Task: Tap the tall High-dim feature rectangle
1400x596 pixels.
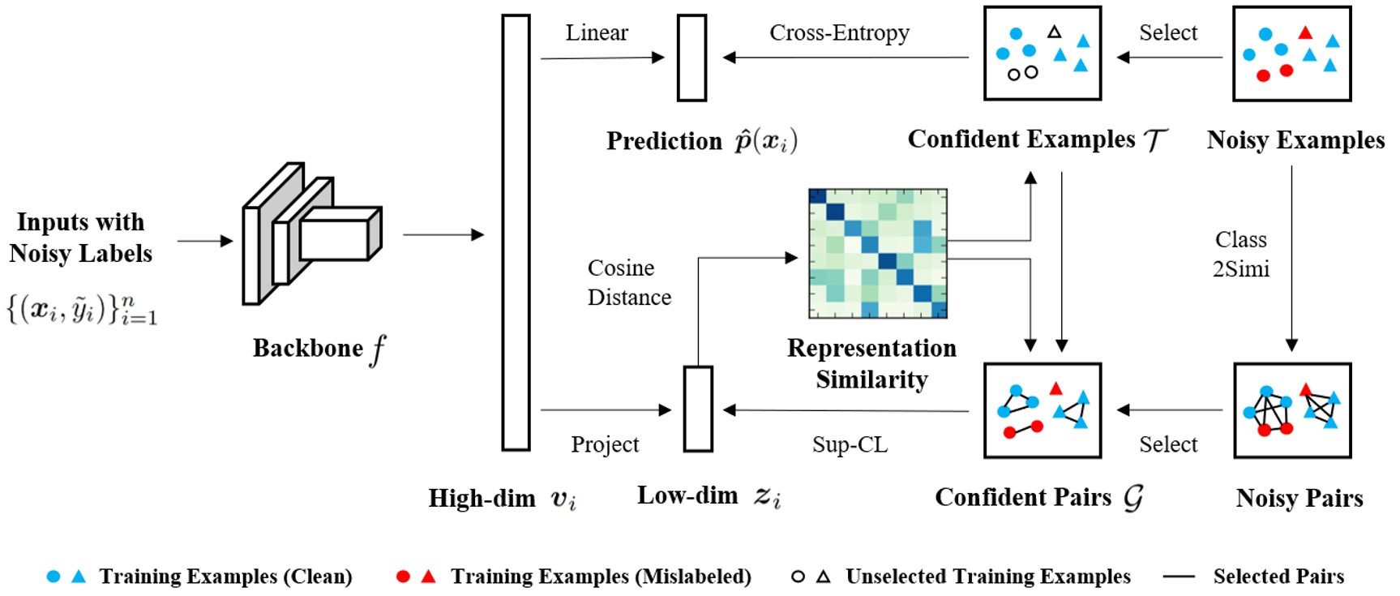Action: (x=516, y=232)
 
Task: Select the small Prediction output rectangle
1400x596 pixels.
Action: (x=691, y=58)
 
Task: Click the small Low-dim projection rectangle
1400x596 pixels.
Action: (x=698, y=409)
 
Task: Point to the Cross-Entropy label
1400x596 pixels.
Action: (x=839, y=32)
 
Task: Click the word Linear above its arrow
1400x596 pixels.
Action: (x=597, y=32)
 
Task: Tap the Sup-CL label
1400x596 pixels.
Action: (x=850, y=444)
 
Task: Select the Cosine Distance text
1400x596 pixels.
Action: (x=629, y=282)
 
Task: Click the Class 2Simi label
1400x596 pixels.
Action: (x=1240, y=254)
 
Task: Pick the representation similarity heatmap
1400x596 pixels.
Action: (x=878, y=253)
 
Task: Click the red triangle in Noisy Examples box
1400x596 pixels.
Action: (x=1305, y=33)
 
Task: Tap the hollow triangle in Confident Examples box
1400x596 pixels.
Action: (x=1054, y=32)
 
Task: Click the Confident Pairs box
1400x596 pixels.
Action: (x=1043, y=410)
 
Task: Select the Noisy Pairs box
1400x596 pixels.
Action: (x=1292, y=410)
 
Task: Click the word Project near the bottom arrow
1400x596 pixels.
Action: (x=605, y=444)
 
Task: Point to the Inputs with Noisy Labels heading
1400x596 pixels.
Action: (x=81, y=238)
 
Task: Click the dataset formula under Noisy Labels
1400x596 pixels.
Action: (x=82, y=309)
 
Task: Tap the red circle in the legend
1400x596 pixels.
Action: (x=403, y=577)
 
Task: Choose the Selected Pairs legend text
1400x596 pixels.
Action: (x=1278, y=577)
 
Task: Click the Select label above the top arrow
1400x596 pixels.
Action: (x=1167, y=32)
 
